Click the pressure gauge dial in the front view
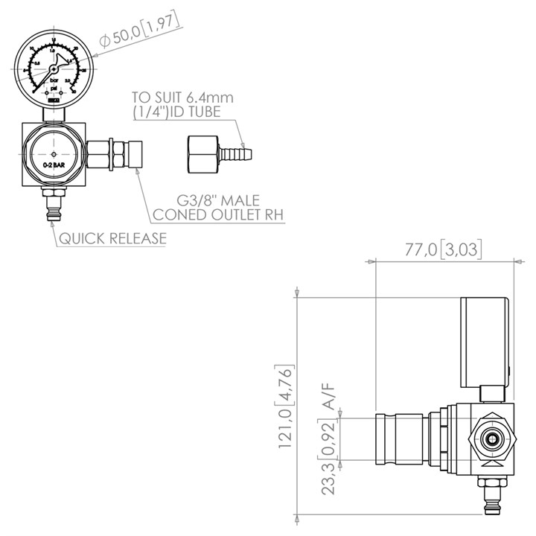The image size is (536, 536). pyautogui.click(x=52, y=68)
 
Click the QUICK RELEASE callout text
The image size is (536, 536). pyautogui.click(x=112, y=239)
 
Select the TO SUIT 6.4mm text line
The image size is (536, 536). pyautogui.click(x=182, y=98)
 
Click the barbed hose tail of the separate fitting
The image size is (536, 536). pyautogui.click(x=237, y=154)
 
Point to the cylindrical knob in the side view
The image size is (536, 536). pyautogui.click(x=402, y=440)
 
